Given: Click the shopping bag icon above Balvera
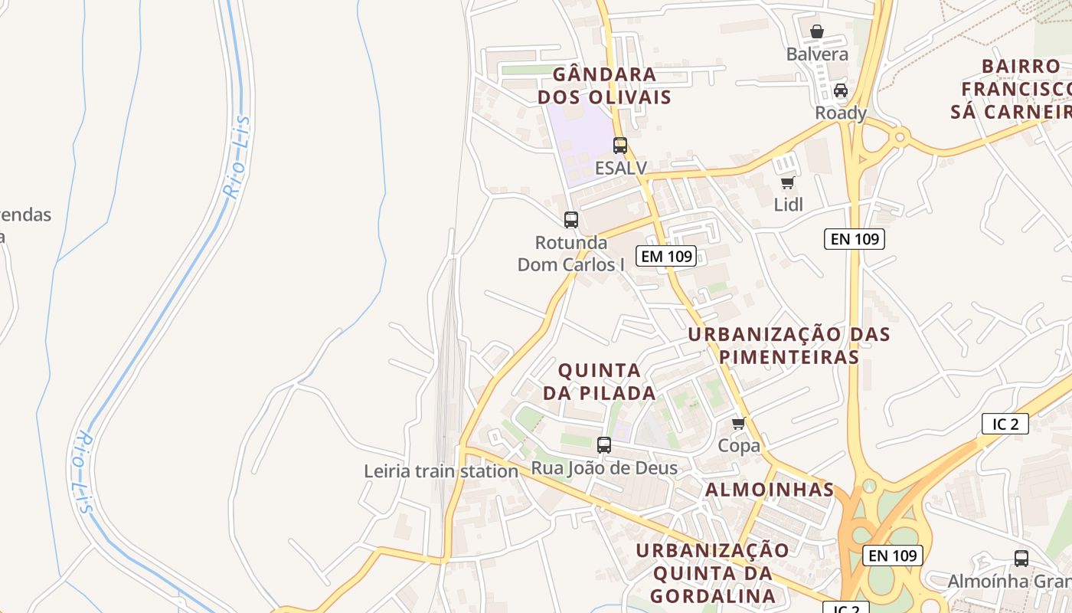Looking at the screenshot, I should (817, 32).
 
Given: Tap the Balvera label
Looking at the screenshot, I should (817, 54).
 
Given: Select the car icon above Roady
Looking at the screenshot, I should (841, 90).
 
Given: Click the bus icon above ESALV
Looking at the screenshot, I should (619, 145).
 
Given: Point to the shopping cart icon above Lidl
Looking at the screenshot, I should (787, 182).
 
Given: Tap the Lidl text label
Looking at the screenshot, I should (788, 205).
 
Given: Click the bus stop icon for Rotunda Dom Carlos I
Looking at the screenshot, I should (571, 220).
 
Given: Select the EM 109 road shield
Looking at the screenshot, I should (665, 256).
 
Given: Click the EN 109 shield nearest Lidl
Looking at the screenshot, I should (855, 239).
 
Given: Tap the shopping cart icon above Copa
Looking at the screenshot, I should (739, 423).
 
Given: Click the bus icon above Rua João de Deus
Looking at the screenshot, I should (604, 444).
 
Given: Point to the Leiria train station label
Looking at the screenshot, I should (441, 471).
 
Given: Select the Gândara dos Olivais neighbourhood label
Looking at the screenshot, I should (604, 86).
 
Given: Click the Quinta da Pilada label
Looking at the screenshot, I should (600, 382).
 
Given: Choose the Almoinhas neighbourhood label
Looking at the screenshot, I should (769, 490).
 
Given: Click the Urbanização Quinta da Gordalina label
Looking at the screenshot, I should (712, 573).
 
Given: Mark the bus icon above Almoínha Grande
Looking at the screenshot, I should (1021, 559).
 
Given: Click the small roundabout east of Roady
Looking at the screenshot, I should (900, 138).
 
